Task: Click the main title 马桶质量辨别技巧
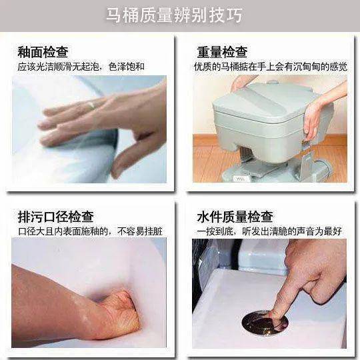[x=174, y=15]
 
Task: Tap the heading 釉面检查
[x=43, y=52]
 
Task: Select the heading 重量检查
[x=222, y=52]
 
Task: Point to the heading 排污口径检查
[x=56, y=217]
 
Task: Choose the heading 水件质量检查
[x=235, y=217]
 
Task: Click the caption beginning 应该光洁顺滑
[x=81, y=67]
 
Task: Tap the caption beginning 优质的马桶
[x=271, y=67]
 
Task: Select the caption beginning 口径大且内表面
[x=90, y=231]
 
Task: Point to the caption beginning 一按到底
[x=269, y=231]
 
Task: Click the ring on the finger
[x=91, y=105]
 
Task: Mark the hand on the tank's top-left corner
[x=241, y=83]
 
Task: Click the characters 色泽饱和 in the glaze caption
[x=127, y=67]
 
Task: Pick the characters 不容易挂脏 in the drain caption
[x=140, y=231]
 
